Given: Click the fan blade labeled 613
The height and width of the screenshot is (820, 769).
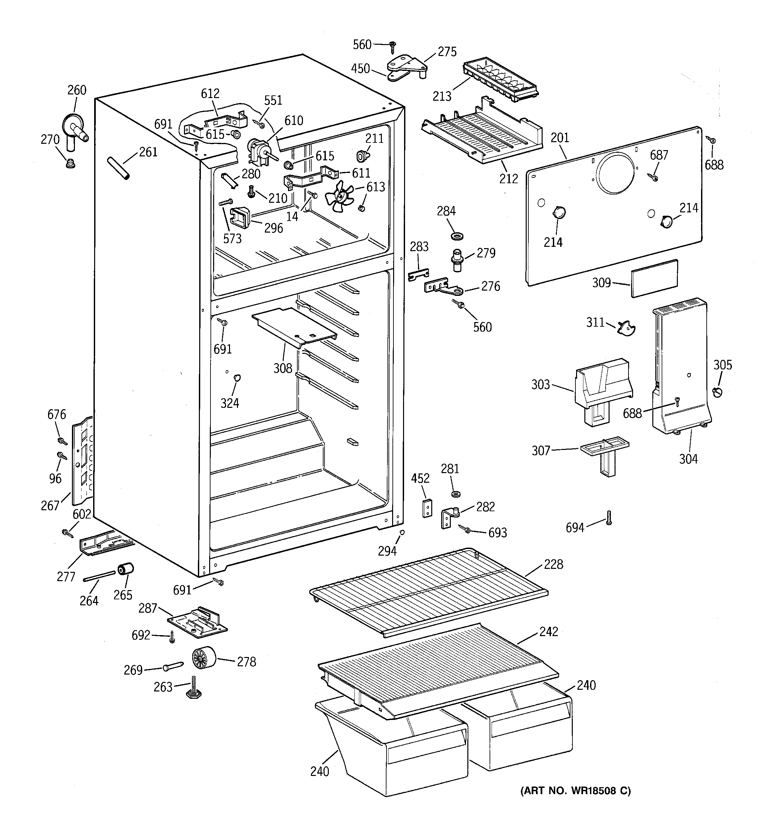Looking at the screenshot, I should (340, 197).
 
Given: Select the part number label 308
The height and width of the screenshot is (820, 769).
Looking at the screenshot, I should (283, 368).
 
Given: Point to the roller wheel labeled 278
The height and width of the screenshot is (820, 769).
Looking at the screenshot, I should (204, 657).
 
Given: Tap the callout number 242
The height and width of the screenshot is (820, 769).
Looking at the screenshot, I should (549, 631).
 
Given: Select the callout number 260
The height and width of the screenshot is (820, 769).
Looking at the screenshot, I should (77, 90).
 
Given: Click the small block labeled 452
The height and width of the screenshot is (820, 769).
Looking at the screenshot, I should (427, 508).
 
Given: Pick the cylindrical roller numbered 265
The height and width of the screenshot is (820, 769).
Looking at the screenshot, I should (126, 570).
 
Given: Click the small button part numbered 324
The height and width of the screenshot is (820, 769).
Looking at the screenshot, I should (237, 378).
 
